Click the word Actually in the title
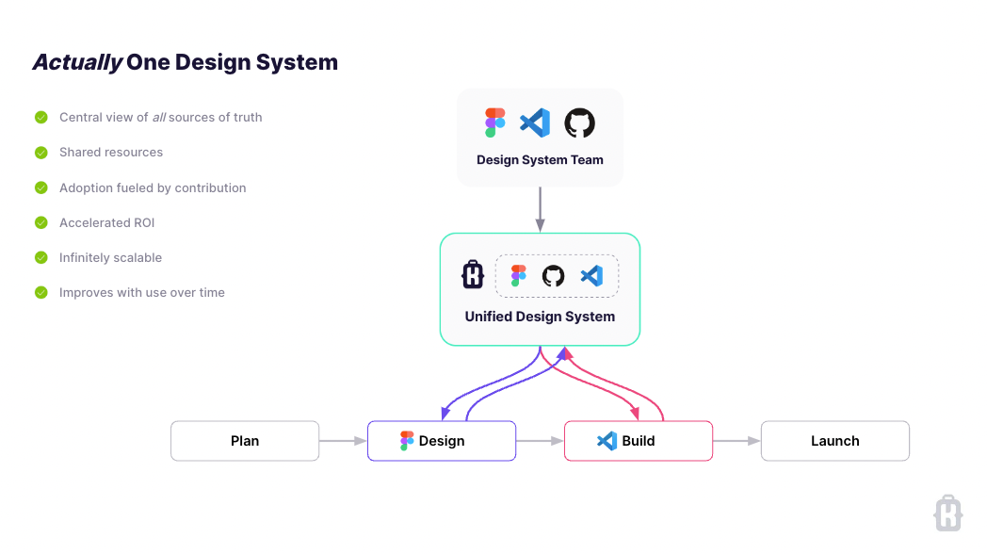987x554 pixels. (77, 63)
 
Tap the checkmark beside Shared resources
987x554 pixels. (41, 153)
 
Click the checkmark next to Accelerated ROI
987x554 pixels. (41, 223)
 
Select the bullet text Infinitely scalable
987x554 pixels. (110, 258)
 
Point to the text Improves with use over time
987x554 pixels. (141, 293)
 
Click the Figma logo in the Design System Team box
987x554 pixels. (495, 122)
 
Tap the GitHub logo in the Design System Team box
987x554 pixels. (580, 122)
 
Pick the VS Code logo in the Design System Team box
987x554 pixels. (536, 122)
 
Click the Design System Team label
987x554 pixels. (540, 160)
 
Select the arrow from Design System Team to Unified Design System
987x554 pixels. (540, 208)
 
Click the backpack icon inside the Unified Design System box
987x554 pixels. (473, 275)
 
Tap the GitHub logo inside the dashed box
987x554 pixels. (554, 276)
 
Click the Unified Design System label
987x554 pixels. (540, 317)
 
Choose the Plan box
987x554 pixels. (245, 441)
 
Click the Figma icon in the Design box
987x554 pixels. (407, 441)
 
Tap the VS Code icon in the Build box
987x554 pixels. (607, 441)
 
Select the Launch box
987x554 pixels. (834, 441)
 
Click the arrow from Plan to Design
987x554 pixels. (343, 441)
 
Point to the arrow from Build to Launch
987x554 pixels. (736, 441)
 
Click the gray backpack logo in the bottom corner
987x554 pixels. (947, 513)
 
